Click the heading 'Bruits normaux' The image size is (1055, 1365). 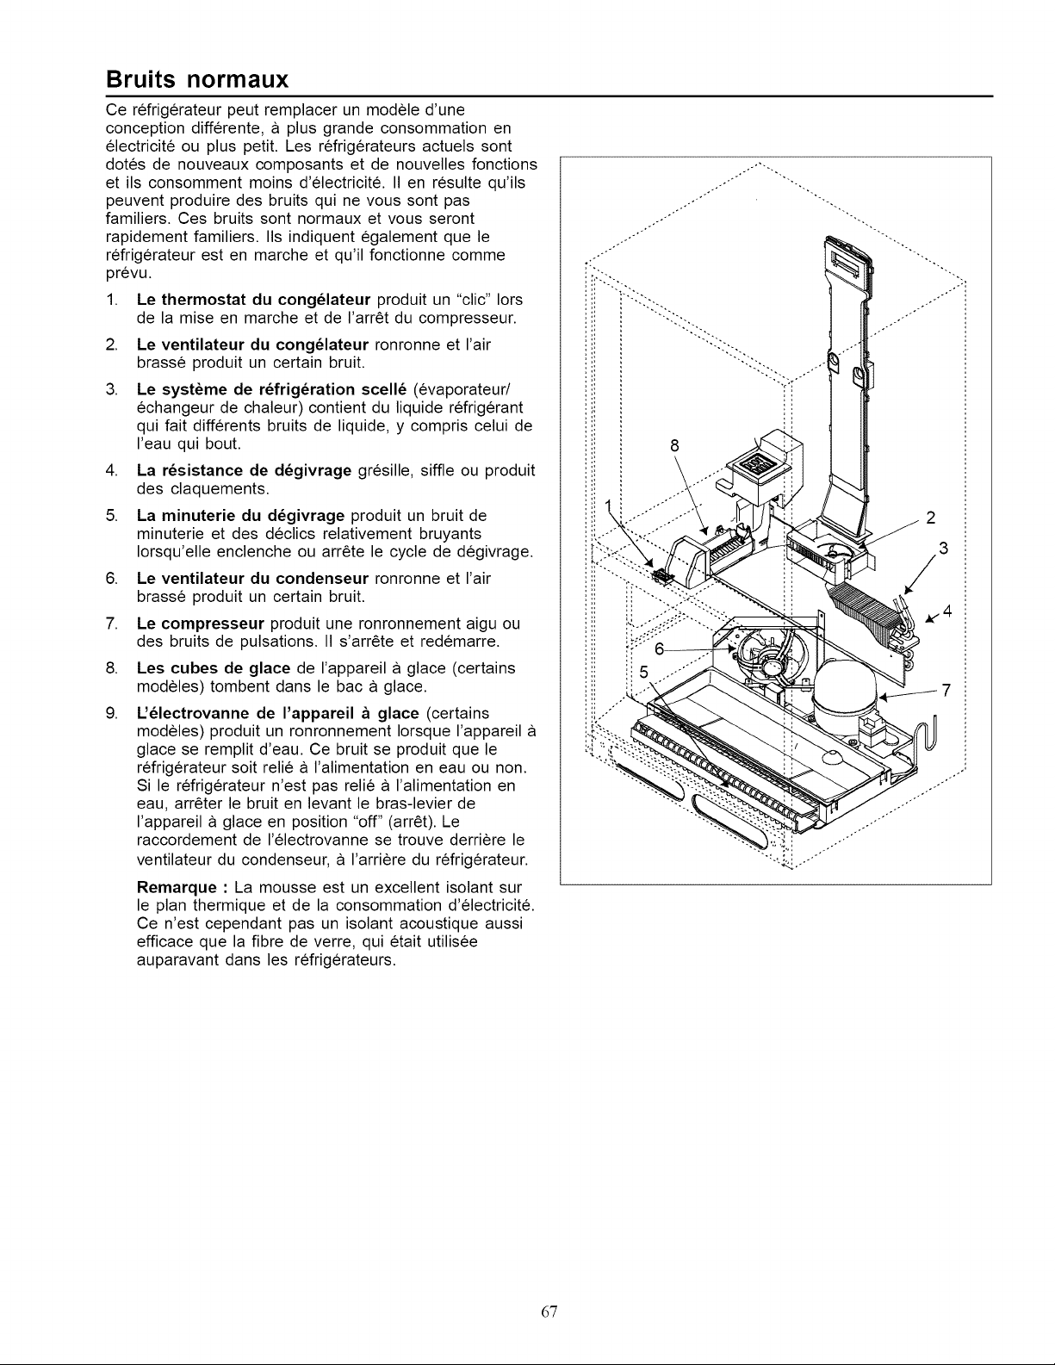coord(197,79)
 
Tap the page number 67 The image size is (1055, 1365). coord(549,1311)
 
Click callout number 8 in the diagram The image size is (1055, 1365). coord(674,445)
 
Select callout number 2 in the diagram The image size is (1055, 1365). coord(931,518)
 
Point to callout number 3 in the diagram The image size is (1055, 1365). coord(942,548)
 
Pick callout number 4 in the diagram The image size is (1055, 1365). coord(947,611)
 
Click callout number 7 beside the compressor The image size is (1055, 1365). coord(946,691)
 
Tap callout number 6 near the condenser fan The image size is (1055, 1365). coord(660,648)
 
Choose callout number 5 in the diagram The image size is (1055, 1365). coord(643,673)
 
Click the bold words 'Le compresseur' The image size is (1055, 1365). coord(201,624)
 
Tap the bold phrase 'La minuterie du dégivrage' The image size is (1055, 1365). coord(241,516)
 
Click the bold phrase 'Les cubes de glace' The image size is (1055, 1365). coord(214,667)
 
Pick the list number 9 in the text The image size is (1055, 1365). coord(112,713)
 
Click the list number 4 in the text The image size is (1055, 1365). coord(112,470)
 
